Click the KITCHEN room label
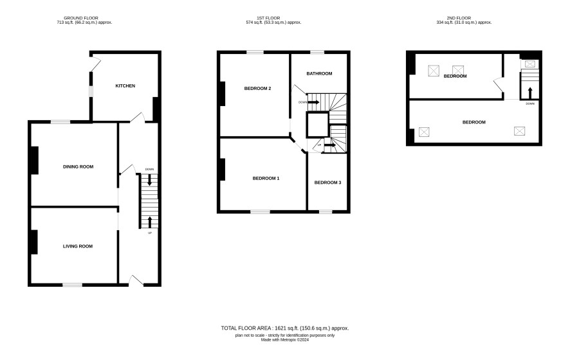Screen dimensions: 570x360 click(125, 85)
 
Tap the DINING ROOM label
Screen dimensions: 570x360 click(78, 166)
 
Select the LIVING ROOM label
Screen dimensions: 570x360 click(78, 246)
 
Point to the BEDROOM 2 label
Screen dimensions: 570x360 click(257, 88)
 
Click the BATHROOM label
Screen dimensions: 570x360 click(319, 73)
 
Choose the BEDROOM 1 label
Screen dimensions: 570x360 click(266, 178)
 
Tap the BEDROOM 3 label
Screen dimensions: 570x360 click(327, 183)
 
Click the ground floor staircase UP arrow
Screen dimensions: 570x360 click(149, 222)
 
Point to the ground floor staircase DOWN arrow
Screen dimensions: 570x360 click(149, 180)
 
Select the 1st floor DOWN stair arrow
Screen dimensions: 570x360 click(313, 102)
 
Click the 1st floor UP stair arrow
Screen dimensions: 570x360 click(330, 145)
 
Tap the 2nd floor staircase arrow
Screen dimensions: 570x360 click(530, 93)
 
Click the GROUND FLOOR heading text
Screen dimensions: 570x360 click(80, 18)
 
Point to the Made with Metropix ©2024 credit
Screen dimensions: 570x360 click(284, 340)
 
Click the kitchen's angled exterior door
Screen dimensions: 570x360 click(95, 64)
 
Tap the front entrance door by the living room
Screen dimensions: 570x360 click(136, 280)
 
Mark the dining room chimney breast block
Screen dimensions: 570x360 click(35, 160)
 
